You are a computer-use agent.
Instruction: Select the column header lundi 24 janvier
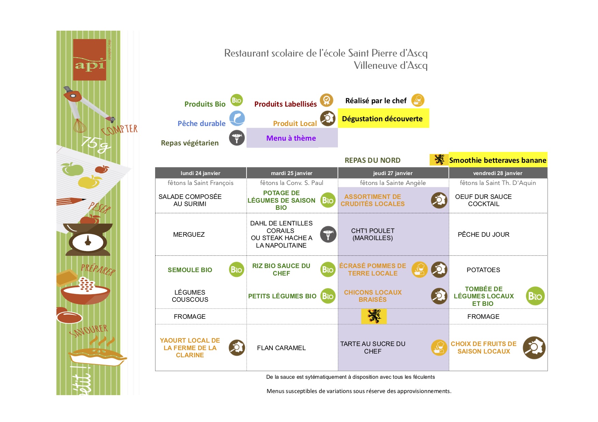[x=200, y=173]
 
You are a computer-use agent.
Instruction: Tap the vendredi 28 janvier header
[x=498, y=173]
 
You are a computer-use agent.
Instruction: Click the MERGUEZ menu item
[x=189, y=234]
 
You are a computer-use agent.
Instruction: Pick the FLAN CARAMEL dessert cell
[x=281, y=348]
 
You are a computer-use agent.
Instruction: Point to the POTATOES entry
[x=483, y=270]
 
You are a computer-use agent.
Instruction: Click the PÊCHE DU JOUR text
[x=483, y=234]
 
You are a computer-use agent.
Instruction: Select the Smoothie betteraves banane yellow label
[x=498, y=160]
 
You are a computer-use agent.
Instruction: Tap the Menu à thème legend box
[x=292, y=138]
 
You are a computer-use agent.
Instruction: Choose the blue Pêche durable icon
[x=237, y=119]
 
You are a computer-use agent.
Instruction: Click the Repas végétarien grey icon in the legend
[x=237, y=138]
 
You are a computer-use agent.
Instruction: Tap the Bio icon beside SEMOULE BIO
[x=237, y=270]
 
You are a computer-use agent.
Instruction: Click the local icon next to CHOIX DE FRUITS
[x=534, y=348]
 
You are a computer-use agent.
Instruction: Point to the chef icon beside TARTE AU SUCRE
[x=439, y=348]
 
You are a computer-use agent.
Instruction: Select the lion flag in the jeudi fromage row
[x=374, y=316]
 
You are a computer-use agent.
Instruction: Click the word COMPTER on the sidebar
[x=119, y=130]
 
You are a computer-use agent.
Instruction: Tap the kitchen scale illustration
[x=88, y=239]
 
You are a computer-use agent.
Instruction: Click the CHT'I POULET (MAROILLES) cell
[x=373, y=234]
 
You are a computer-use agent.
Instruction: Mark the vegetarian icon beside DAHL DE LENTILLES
[x=328, y=234]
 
